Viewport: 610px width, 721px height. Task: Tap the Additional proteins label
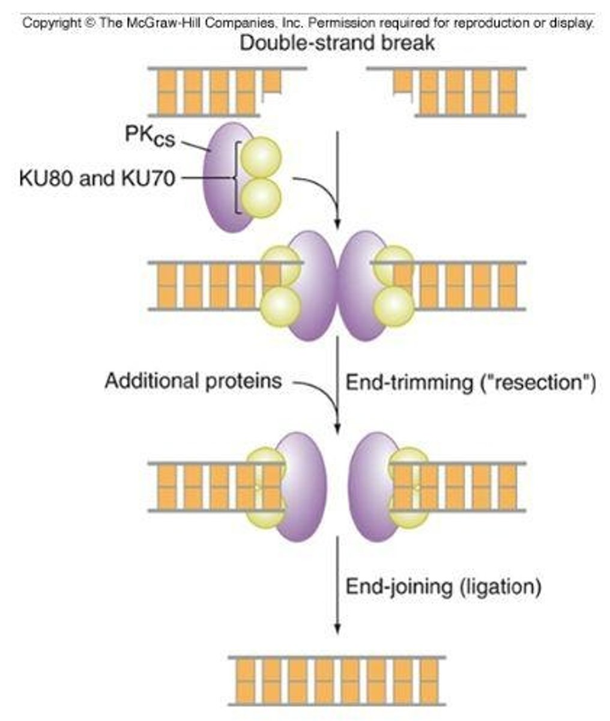click(193, 381)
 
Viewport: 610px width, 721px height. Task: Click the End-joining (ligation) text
click(443, 586)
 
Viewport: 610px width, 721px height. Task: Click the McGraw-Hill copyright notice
click(308, 23)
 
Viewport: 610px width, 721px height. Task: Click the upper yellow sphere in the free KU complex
click(261, 156)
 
